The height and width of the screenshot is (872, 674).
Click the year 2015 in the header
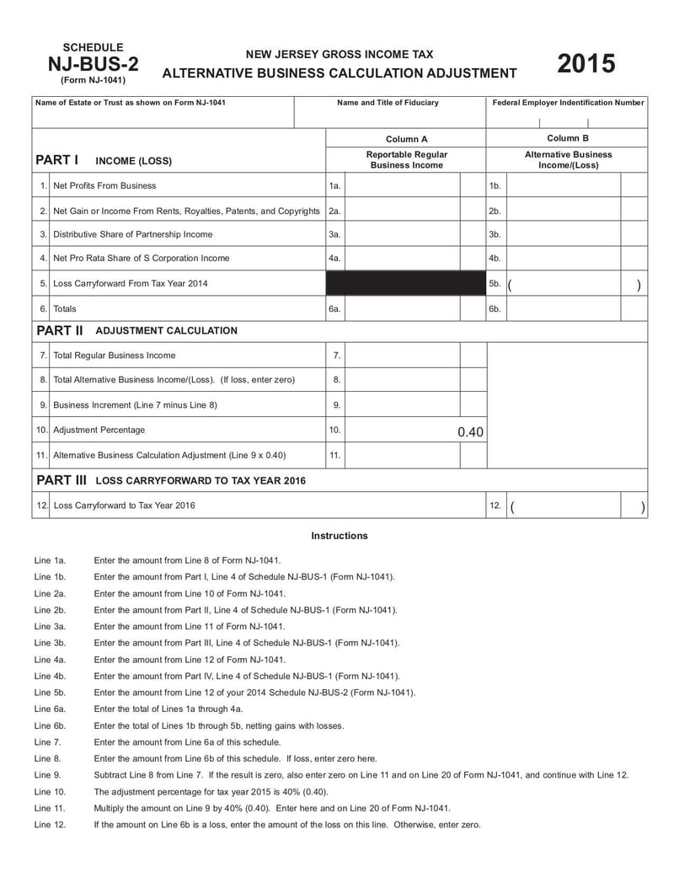[x=586, y=64]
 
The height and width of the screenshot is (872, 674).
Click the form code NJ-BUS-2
[x=93, y=64]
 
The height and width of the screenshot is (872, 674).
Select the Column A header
[x=406, y=138]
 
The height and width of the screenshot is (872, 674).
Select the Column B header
[x=568, y=137]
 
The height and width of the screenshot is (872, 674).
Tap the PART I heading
[x=57, y=159]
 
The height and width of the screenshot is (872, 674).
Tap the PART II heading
[x=59, y=330]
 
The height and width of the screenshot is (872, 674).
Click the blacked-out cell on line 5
[x=405, y=284]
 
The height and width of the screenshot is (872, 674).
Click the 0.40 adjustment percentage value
[x=470, y=432]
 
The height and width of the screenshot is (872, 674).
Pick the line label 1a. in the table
[x=334, y=185]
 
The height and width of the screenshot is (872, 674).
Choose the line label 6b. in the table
[x=495, y=309]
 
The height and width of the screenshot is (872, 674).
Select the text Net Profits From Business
[x=104, y=185]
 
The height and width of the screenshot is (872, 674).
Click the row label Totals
[x=65, y=309]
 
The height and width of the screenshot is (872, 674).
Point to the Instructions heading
[x=340, y=536]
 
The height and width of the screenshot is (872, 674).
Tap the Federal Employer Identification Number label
[x=568, y=103]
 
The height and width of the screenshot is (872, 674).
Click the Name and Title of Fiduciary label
[x=388, y=103]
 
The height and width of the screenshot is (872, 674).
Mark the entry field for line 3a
[x=402, y=234]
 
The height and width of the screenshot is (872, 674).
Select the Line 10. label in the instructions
[x=50, y=792]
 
